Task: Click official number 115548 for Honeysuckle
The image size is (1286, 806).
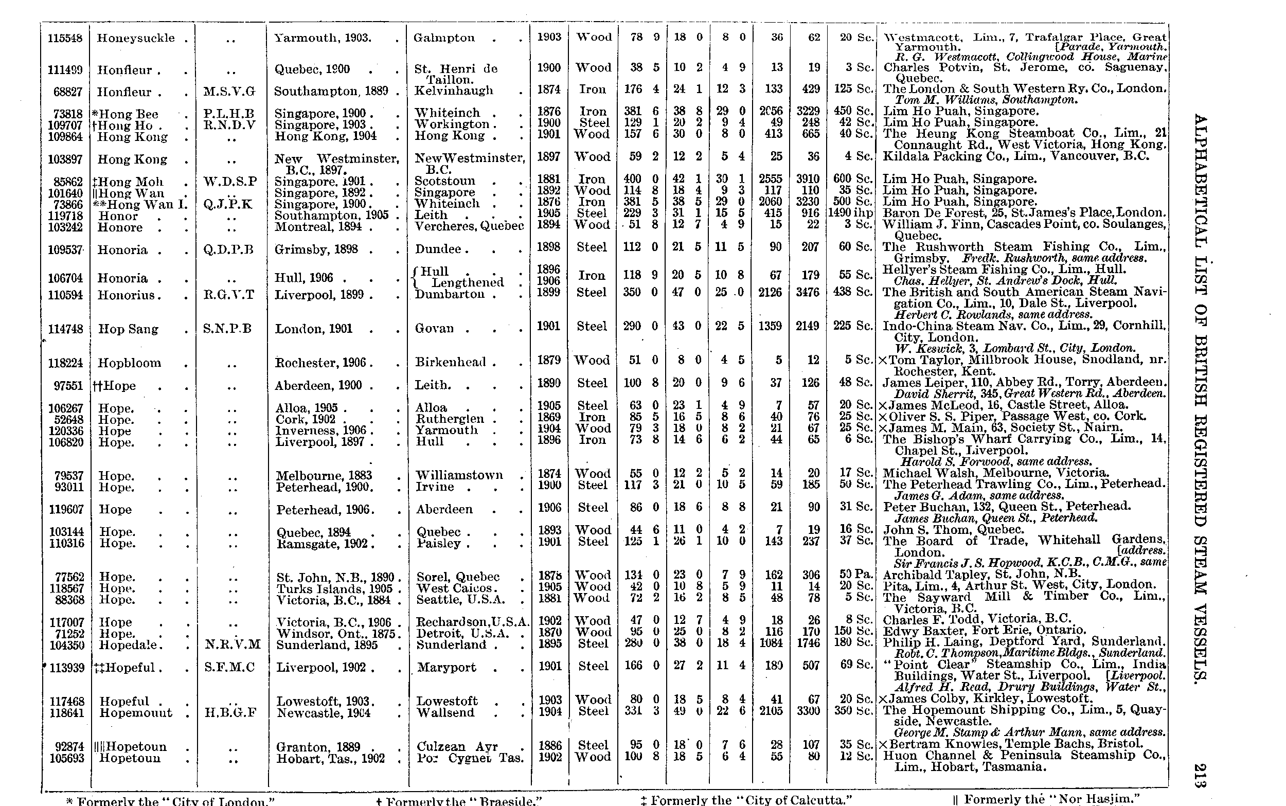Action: [65, 39]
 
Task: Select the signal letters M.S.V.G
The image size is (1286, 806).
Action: [229, 92]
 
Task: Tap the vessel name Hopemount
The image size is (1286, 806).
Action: [136, 713]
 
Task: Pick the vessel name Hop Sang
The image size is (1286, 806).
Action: [129, 329]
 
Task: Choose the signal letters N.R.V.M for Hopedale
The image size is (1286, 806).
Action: [233, 644]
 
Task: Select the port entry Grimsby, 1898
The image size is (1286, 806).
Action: [316, 249]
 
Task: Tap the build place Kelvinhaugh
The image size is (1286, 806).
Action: [454, 91]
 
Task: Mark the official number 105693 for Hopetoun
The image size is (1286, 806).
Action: [67, 758]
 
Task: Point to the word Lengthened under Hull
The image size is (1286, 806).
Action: [467, 282]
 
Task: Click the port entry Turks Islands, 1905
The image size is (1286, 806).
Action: [334, 589]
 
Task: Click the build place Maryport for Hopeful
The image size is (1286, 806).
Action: [446, 668]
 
